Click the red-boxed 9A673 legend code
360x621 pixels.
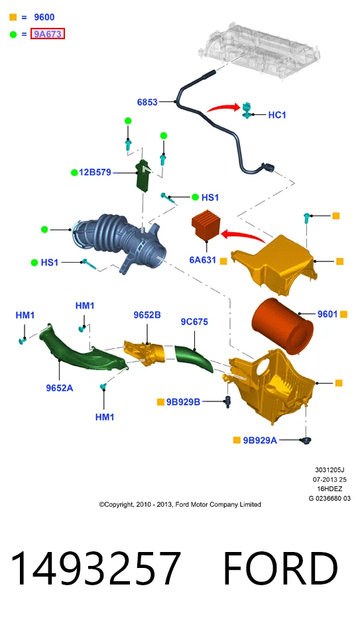click(x=48, y=34)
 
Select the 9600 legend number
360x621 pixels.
click(x=44, y=17)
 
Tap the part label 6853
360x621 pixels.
click(x=147, y=102)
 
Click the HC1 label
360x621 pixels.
click(x=277, y=115)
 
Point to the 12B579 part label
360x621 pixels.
click(x=95, y=172)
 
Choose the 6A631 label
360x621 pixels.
click(x=203, y=260)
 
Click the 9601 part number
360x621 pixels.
click(x=328, y=314)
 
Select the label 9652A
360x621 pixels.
click(x=60, y=388)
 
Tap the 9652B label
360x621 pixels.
click(x=147, y=315)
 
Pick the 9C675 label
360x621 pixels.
click(x=194, y=322)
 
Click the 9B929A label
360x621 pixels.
click(x=260, y=440)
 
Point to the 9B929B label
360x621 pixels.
click(x=183, y=402)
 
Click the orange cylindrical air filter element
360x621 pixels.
click(x=282, y=325)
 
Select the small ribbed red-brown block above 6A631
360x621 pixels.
click(x=206, y=226)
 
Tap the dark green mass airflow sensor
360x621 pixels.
click(x=143, y=174)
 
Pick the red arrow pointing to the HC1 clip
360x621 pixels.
click(x=224, y=107)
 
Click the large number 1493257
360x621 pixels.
click(x=95, y=567)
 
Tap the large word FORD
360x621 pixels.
click(x=280, y=567)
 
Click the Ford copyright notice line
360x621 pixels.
click(x=180, y=504)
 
